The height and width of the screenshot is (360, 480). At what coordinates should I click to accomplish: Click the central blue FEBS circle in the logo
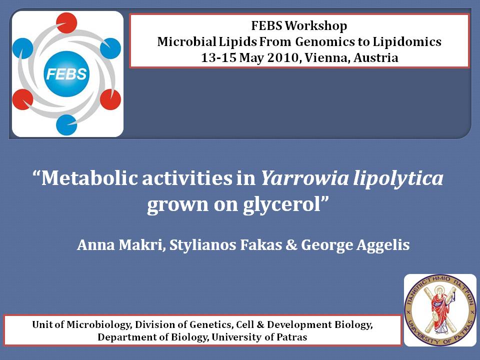pos(66,74)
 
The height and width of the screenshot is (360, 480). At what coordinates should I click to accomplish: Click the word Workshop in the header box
pos(316,25)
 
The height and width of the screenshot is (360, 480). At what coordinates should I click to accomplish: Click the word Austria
pos(376,57)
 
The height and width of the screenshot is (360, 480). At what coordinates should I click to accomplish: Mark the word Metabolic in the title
pos(90,178)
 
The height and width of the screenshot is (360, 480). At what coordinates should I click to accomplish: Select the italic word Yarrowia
pos(304,178)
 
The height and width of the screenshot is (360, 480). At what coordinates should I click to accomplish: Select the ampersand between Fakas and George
pos(291,245)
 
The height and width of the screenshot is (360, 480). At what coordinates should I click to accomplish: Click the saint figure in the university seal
pos(440,310)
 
